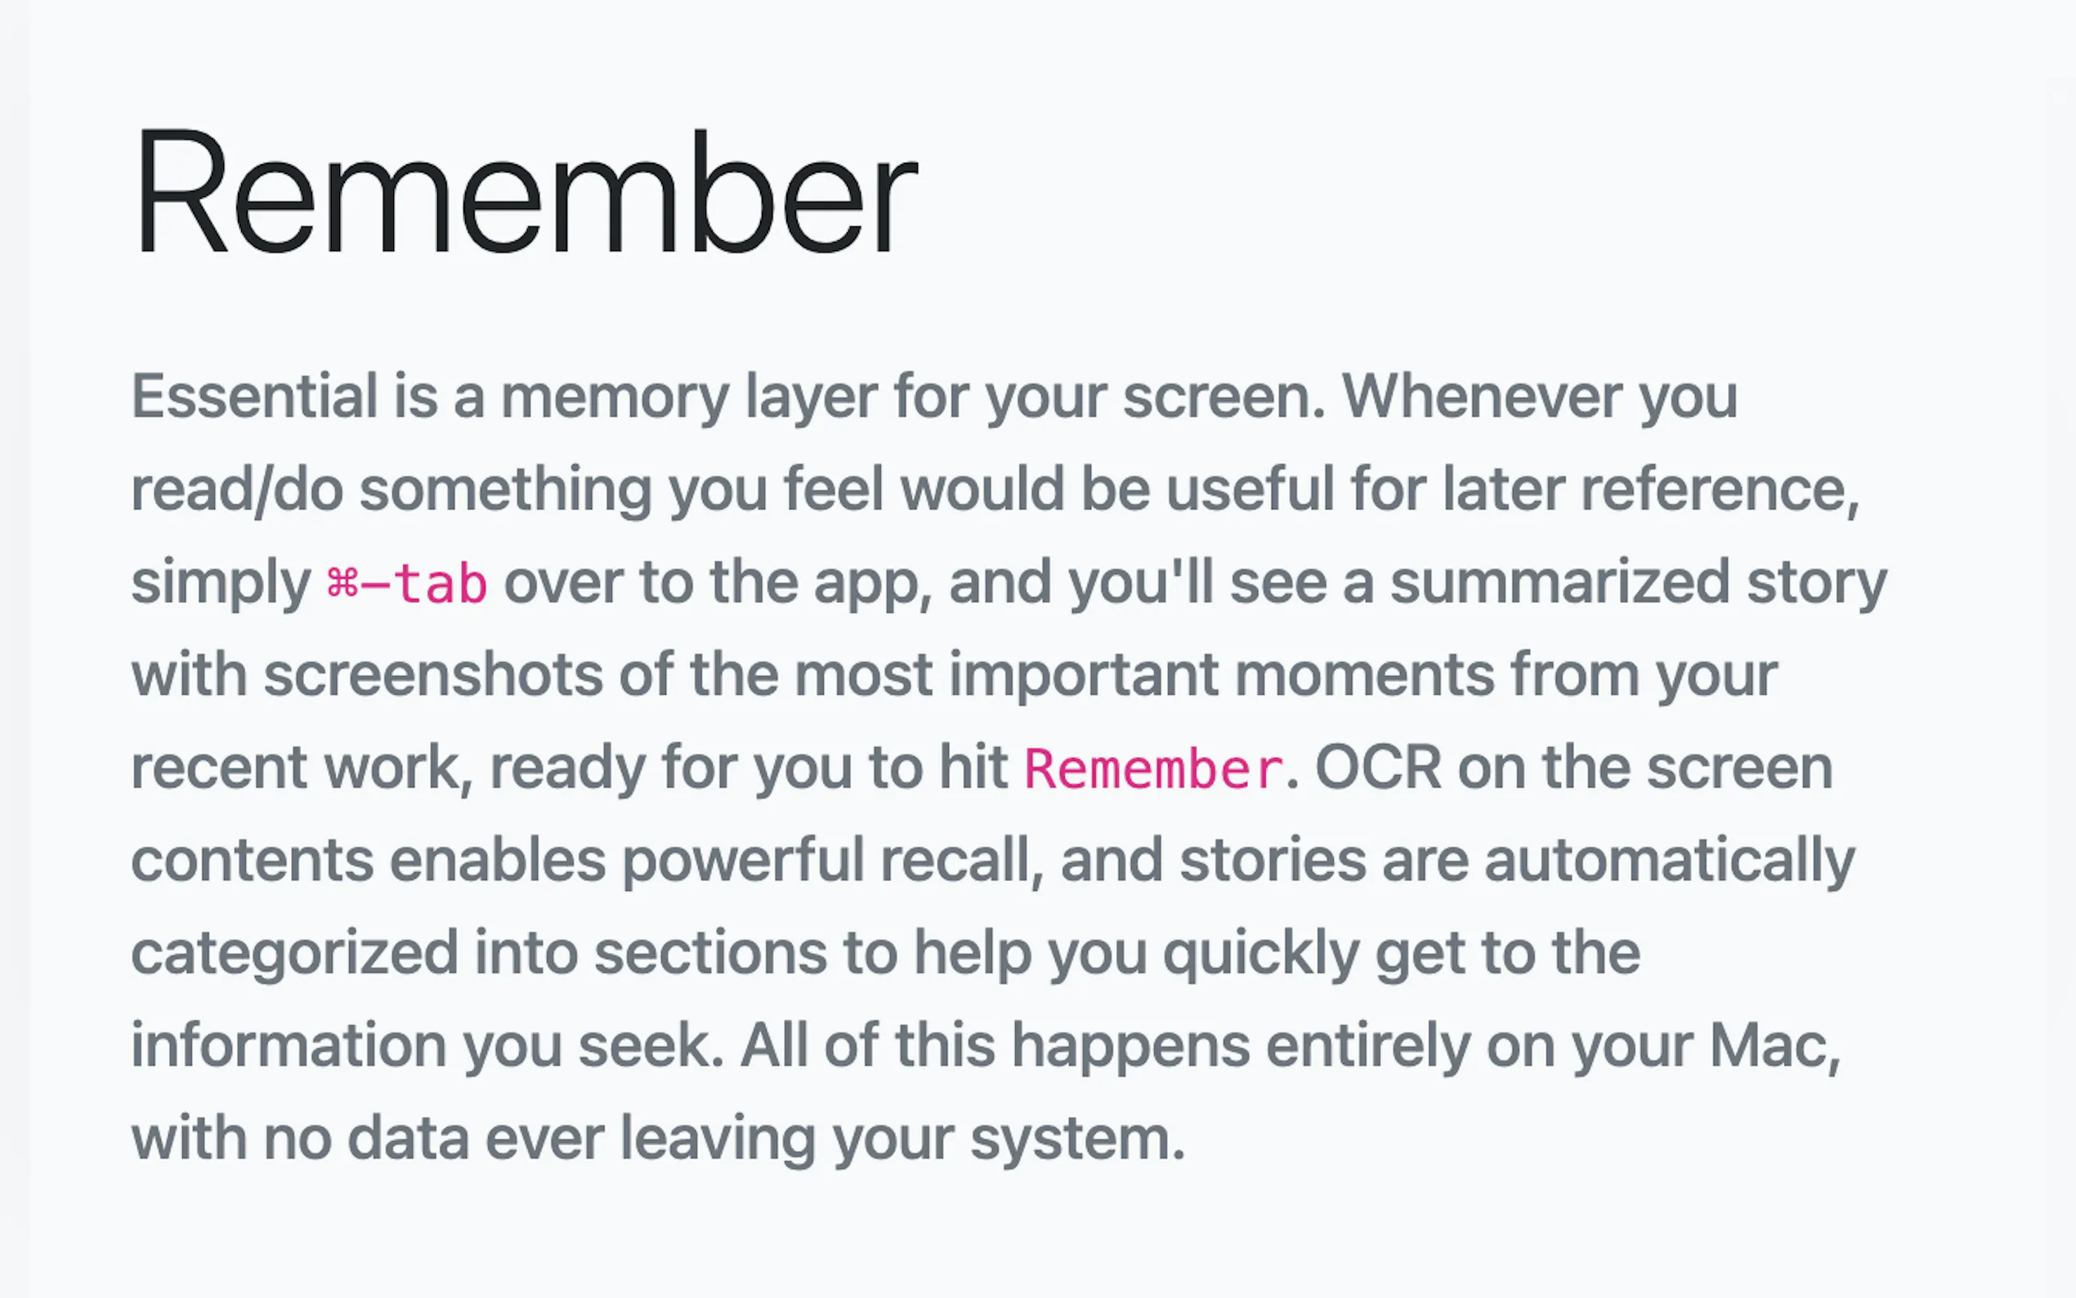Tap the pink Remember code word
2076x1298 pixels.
tap(1154, 768)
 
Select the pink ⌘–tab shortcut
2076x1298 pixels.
tap(407, 583)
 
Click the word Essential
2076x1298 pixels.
tap(255, 396)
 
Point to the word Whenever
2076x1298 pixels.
tap(1482, 396)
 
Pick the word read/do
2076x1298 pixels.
tap(237, 490)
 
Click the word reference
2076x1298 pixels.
tap(1720, 490)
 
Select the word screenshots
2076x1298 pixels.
tap(433, 675)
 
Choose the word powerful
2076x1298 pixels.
tap(742, 861)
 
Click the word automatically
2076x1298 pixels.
tap(1669, 861)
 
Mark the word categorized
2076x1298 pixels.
tap(295, 954)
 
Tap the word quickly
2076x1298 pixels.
tap(1260, 954)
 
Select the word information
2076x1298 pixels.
tap(289, 1045)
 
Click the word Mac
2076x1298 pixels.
tap(1774, 1046)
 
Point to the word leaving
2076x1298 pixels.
tap(718, 1139)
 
